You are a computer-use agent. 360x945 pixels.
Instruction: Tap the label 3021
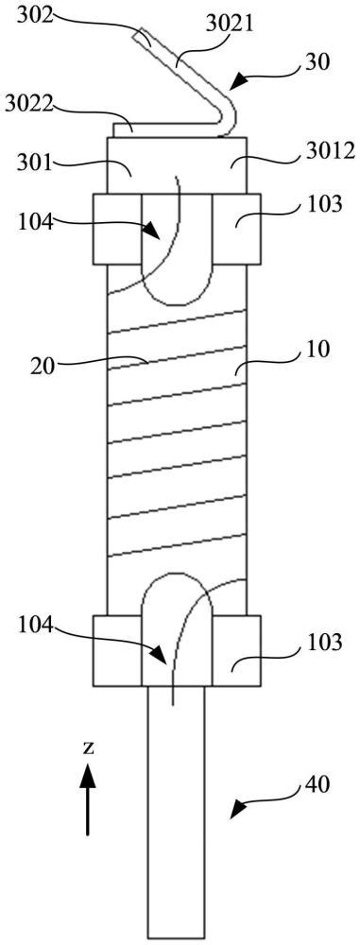[232, 25]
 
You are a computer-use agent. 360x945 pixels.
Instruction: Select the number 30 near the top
[317, 62]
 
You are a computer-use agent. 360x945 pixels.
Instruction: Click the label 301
[32, 162]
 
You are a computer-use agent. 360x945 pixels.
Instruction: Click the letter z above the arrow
[88, 747]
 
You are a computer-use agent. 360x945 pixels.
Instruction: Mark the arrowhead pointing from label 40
[239, 809]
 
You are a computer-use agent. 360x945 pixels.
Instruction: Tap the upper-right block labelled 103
[236, 229]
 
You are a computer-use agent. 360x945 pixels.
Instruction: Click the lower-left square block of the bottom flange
[117, 651]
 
